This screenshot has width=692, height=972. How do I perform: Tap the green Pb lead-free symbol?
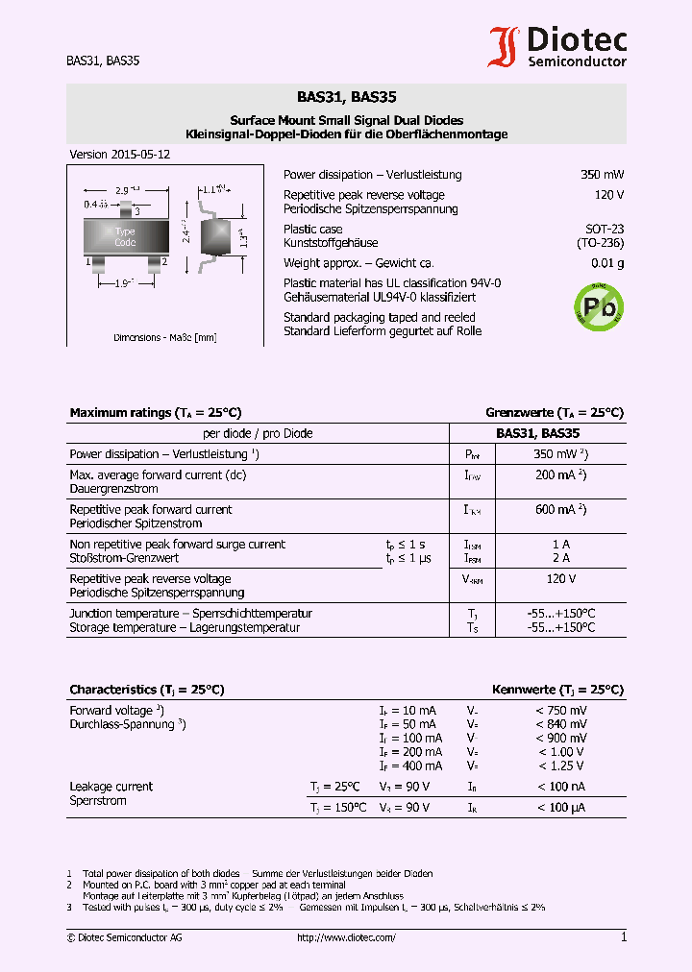[597, 306]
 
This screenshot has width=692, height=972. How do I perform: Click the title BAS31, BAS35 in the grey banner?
[346, 97]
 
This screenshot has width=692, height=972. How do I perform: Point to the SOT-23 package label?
[605, 230]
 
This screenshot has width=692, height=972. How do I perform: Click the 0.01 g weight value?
[607, 263]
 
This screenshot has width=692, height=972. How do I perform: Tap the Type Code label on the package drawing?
[125, 236]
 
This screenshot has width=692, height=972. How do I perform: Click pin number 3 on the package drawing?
[137, 210]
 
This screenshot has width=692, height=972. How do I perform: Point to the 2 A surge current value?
[561, 558]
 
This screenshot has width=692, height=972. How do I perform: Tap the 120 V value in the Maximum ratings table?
[561, 579]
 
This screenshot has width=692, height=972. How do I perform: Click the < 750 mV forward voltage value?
[561, 710]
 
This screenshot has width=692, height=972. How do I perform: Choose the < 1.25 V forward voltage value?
[561, 765]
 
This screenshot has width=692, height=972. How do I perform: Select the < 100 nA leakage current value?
[561, 787]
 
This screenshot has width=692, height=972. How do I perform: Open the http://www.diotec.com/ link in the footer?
[346, 937]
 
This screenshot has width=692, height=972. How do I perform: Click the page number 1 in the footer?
[623, 937]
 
